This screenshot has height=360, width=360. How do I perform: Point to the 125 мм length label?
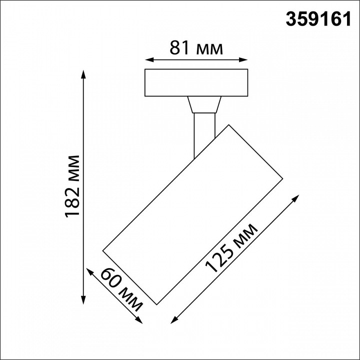click(232, 248)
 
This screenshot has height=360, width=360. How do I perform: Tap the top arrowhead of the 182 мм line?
click(83, 74)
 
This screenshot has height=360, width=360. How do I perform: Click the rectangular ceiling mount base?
click(195, 82)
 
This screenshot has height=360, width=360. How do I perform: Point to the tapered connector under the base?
click(204, 105)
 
